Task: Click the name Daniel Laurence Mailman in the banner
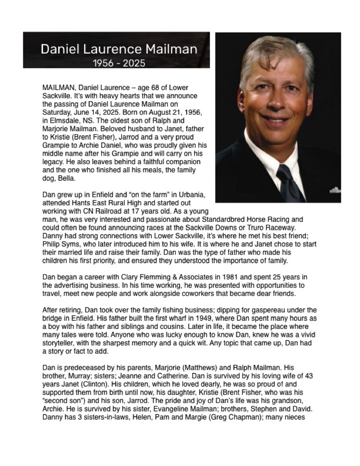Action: (119, 49)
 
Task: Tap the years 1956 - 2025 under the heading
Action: (119, 63)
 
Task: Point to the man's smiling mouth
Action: (276, 120)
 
